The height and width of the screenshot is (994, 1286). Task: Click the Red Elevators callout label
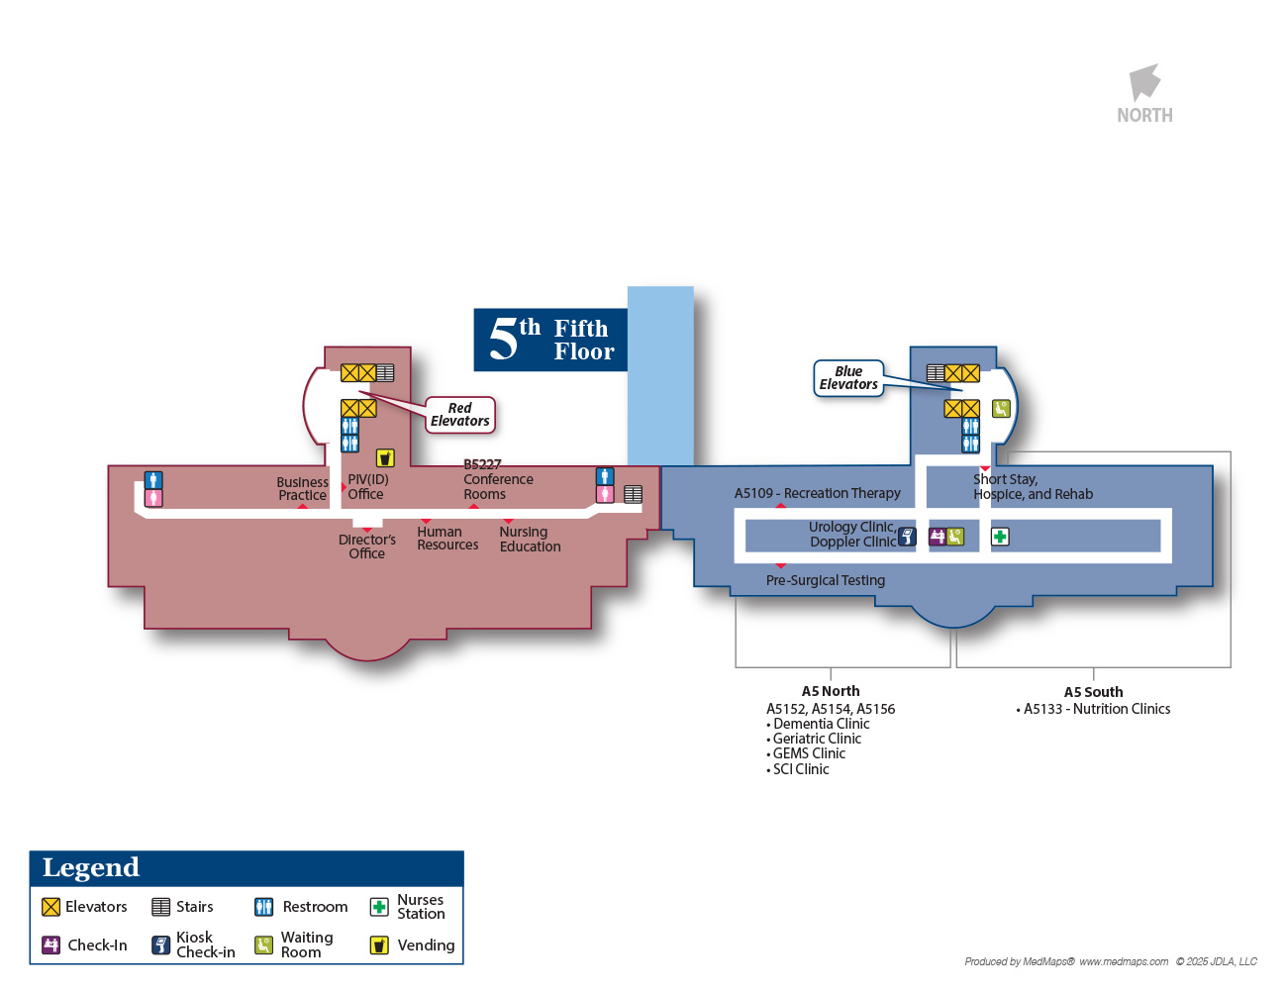[459, 415]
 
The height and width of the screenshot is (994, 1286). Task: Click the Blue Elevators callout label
[848, 378]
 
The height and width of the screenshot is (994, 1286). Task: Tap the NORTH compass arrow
[1144, 83]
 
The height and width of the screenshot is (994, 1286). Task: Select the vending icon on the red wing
[385, 457]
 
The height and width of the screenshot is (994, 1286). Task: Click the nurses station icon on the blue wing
[1000, 537]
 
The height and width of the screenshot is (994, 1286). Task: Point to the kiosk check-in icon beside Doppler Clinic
[907, 537]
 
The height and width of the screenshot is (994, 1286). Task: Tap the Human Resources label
[447, 539]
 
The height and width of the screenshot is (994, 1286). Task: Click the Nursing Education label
[530, 540]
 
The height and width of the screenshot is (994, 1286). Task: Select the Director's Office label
[367, 547]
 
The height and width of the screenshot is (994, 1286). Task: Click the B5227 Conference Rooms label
[498, 479]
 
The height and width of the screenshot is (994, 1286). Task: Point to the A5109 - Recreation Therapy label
[818, 493]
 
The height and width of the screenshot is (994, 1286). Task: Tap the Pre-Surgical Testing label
[826, 580]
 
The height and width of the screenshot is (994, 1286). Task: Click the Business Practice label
[302, 489]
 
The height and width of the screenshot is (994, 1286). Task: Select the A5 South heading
[1093, 692]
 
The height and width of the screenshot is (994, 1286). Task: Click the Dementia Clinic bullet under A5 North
[821, 724]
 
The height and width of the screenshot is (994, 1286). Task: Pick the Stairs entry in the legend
[183, 907]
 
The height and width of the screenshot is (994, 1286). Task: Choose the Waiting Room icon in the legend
[263, 945]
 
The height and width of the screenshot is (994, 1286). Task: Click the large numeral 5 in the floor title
[503, 340]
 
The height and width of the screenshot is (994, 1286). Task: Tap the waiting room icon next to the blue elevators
[1001, 408]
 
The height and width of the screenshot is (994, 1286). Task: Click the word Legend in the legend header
[91, 868]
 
